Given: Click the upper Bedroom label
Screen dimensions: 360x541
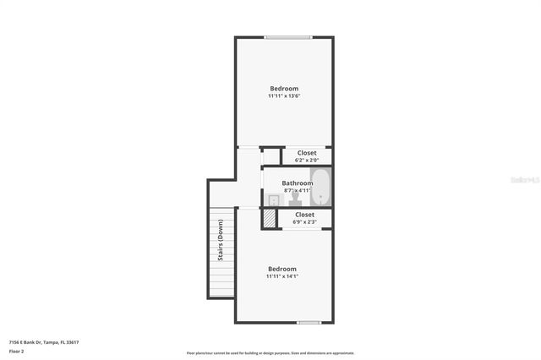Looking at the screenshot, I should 284,89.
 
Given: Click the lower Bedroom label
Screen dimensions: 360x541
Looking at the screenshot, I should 281,269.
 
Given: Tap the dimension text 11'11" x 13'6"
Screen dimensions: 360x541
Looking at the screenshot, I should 284,96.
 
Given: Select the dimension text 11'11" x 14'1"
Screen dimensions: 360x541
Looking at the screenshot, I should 281,276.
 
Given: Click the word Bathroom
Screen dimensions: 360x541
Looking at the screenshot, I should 298,183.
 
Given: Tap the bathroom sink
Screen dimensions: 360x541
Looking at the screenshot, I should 273,199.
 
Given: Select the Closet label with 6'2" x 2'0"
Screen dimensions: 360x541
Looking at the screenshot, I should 307,153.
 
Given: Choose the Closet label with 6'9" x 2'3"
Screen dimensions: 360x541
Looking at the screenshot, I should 305,215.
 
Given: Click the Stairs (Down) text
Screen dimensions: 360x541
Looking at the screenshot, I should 221,240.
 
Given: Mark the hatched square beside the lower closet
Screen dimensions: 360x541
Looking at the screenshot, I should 269,218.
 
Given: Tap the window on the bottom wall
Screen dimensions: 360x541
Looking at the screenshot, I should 309,322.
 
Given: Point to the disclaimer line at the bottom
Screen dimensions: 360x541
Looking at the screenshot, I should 270,353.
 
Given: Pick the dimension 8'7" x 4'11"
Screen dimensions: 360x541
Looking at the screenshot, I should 298,191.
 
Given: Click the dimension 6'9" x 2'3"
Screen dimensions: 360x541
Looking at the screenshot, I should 305,222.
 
